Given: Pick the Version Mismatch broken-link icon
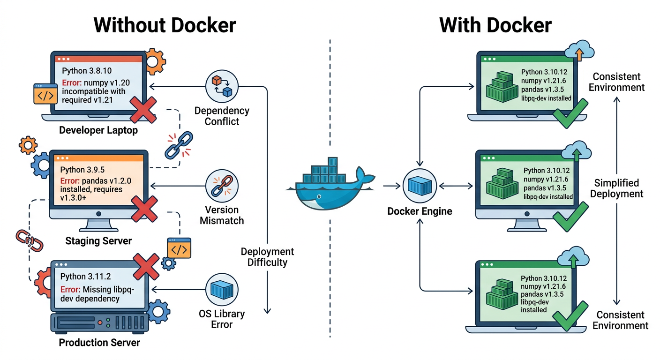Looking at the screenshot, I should (x=222, y=185).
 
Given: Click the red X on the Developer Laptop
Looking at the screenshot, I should (x=142, y=110).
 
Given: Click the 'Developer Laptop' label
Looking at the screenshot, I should (x=98, y=130).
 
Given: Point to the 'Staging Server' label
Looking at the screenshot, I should (x=98, y=241).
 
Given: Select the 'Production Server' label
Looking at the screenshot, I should (x=99, y=343).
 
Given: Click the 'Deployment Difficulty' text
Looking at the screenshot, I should (x=267, y=257).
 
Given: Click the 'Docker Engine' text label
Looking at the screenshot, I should (x=420, y=211).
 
